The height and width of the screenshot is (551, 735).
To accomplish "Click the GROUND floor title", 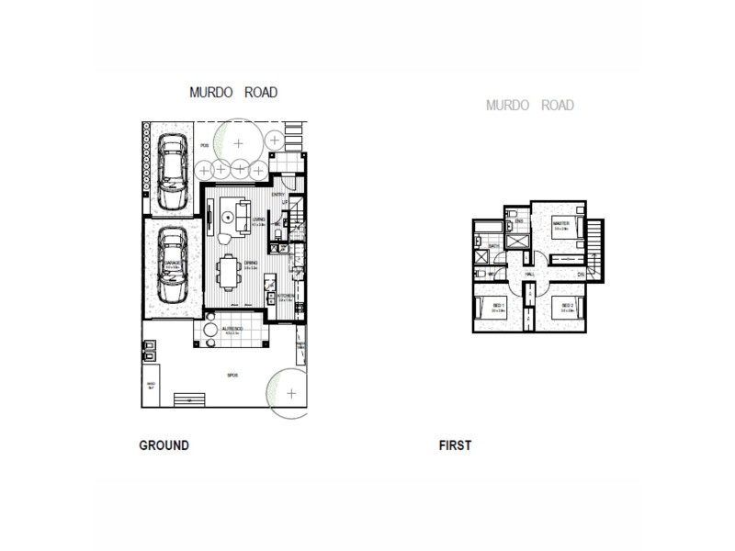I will pyautogui.click(x=164, y=445).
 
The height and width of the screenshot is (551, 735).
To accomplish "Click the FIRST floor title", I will pyautogui.click(x=456, y=445).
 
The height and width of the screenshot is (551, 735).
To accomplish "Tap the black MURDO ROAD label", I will pyautogui.click(x=233, y=93).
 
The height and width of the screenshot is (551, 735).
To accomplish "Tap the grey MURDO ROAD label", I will pyautogui.click(x=530, y=106).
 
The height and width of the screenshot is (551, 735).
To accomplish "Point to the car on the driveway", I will pyautogui.click(x=171, y=172).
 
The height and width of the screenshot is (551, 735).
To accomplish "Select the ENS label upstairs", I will pyautogui.click(x=519, y=222).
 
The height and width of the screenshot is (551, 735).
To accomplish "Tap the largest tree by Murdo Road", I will pyautogui.click(x=239, y=142).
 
